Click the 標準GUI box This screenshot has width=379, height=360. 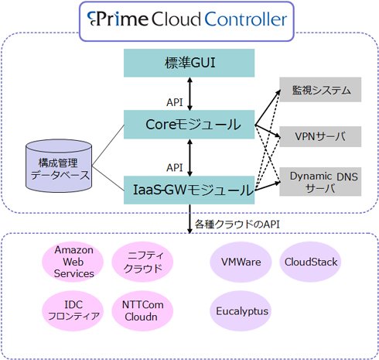coord(189,63)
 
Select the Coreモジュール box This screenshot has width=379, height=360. coord(189,125)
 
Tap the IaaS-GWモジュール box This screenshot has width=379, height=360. coord(189,190)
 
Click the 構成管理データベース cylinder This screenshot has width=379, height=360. coord(59,166)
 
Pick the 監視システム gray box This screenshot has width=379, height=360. coord(320,90)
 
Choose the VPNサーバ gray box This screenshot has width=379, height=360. coord(320,136)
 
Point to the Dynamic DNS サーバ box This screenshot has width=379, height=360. coord(320,181)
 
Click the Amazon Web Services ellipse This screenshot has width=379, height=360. coord(73,262)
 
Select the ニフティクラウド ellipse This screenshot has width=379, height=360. coord(142,262)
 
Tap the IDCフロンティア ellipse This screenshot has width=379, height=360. coord(73,310)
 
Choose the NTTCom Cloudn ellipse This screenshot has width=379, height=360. coord(142,310)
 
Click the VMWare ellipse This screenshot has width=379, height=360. coord(241,262)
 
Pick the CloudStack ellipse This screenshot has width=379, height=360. coord(310,262)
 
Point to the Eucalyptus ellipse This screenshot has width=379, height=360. coord(241,310)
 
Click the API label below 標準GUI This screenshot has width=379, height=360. coord(175,102)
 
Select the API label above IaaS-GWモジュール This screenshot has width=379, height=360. coord(175,167)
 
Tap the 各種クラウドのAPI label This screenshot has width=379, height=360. coord(237,224)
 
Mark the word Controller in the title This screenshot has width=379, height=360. coord(246,19)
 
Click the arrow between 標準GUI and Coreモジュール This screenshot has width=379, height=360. coord(189,94)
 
